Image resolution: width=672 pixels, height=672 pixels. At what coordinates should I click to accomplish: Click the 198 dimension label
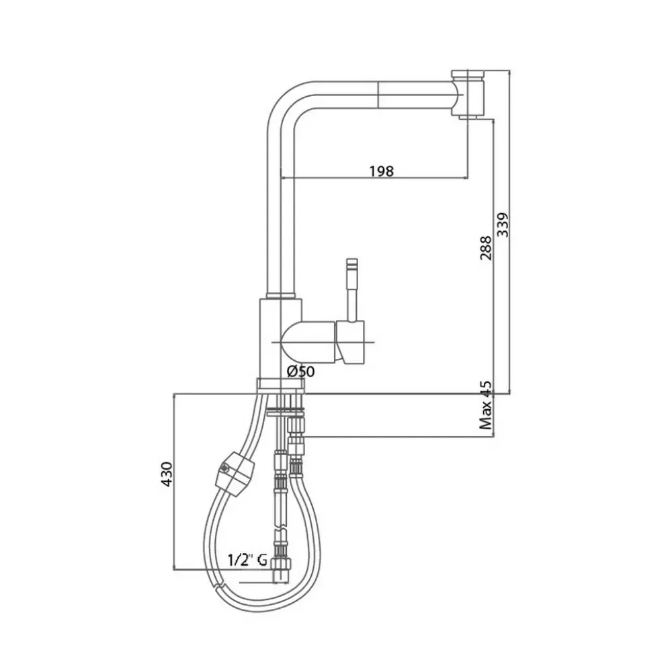click(x=382, y=171)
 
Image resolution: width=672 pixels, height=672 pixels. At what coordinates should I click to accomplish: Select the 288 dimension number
click(x=486, y=248)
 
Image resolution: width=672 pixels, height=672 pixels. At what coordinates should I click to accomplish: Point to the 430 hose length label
click(x=167, y=474)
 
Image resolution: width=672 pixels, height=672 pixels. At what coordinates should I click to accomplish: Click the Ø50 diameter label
click(x=301, y=371)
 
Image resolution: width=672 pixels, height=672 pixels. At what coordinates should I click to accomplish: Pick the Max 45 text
click(x=486, y=405)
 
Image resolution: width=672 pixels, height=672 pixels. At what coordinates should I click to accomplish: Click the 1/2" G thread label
click(x=247, y=560)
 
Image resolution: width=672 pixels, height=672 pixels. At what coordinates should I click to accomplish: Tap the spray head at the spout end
click(x=468, y=94)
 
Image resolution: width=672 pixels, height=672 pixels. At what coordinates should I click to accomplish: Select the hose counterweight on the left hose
click(x=235, y=474)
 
